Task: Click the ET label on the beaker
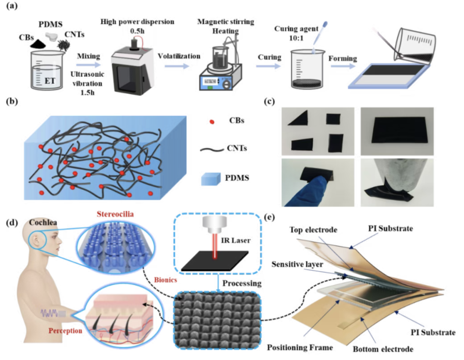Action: pyautogui.click(x=50, y=80)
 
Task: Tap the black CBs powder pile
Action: pyautogui.click(x=36, y=44)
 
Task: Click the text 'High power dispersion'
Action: pyautogui.click(x=137, y=22)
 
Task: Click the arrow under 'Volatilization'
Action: pyautogui.click(x=177, y=66)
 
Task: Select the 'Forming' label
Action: pyautogui.click(x=343, y=58)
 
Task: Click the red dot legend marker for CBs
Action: pyautogui.click(x=212, y=121)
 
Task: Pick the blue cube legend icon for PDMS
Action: pyautogui.click(x=211, y=179)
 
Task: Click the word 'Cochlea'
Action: pyautogui.click(x=43, y=223)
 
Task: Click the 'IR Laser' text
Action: pyautogui.click(x=235, y=240)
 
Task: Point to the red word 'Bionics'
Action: pyautogui.click(x=165, y=280)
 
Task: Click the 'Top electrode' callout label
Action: pyautogui.click(x=313, y=230)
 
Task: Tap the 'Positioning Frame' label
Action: pyautogui.click(x=300, y=347)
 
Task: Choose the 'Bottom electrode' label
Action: pyautogui.click(x=383, y=349)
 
